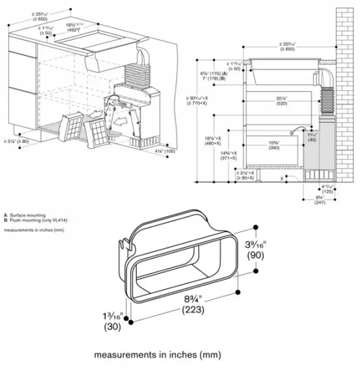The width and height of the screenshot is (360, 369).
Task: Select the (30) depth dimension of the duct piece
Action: [x=111, y=328]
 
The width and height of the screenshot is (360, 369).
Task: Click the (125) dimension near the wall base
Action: [x=328, y=191]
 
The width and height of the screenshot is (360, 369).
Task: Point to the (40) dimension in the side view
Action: [x=311, y=139]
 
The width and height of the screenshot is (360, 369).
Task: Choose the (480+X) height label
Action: [x=216, y=142]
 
